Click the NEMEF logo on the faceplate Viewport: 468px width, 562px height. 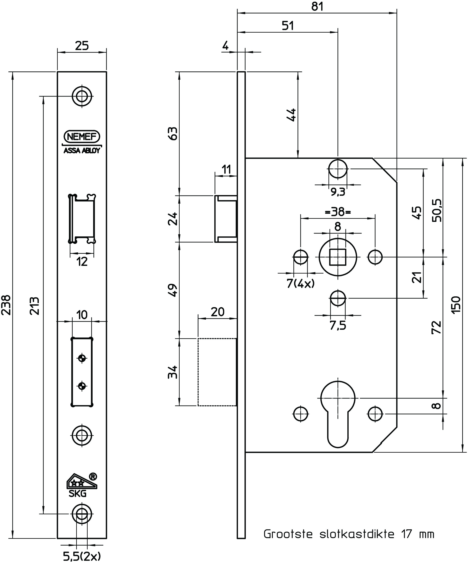(82, 137)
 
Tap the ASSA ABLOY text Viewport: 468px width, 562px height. (82, 151)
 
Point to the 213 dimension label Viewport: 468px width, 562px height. (35, 305)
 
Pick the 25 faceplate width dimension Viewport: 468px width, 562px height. (82, 46)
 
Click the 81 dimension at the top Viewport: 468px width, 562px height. (317, 6)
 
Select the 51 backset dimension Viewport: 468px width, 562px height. (288, 26)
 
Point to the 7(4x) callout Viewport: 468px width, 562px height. (300, 284)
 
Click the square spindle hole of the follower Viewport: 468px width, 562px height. (338, 257)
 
